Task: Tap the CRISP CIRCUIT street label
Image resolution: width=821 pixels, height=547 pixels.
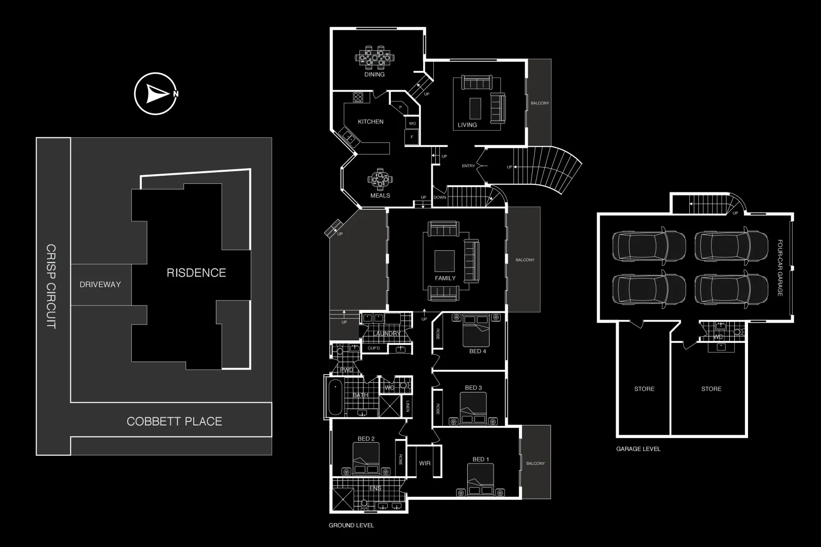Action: (51, 287)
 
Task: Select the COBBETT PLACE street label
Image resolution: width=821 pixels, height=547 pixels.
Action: (174, 421)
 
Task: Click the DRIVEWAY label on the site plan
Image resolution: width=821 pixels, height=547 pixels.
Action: (100, 285)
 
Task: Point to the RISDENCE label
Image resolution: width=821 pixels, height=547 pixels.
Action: (196, 273)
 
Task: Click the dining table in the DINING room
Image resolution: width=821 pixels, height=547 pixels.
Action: (375, 57)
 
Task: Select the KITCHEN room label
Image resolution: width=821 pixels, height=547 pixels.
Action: (370, 122)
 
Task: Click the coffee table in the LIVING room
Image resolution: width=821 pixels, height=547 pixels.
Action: (475, 107)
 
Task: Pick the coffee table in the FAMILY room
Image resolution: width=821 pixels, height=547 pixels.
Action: (444, 261)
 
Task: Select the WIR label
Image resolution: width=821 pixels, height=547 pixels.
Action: (425, 463)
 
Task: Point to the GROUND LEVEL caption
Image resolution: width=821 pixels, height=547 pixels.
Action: (351, 525)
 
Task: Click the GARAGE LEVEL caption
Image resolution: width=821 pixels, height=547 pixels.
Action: (638, 449)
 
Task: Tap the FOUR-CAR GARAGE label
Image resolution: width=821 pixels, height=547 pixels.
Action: (780, 268)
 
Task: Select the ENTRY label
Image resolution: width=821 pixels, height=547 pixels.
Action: (468, 166)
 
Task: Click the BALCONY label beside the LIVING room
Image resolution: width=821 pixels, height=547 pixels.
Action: (540, 103)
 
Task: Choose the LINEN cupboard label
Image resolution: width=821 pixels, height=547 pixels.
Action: (408, 406)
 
